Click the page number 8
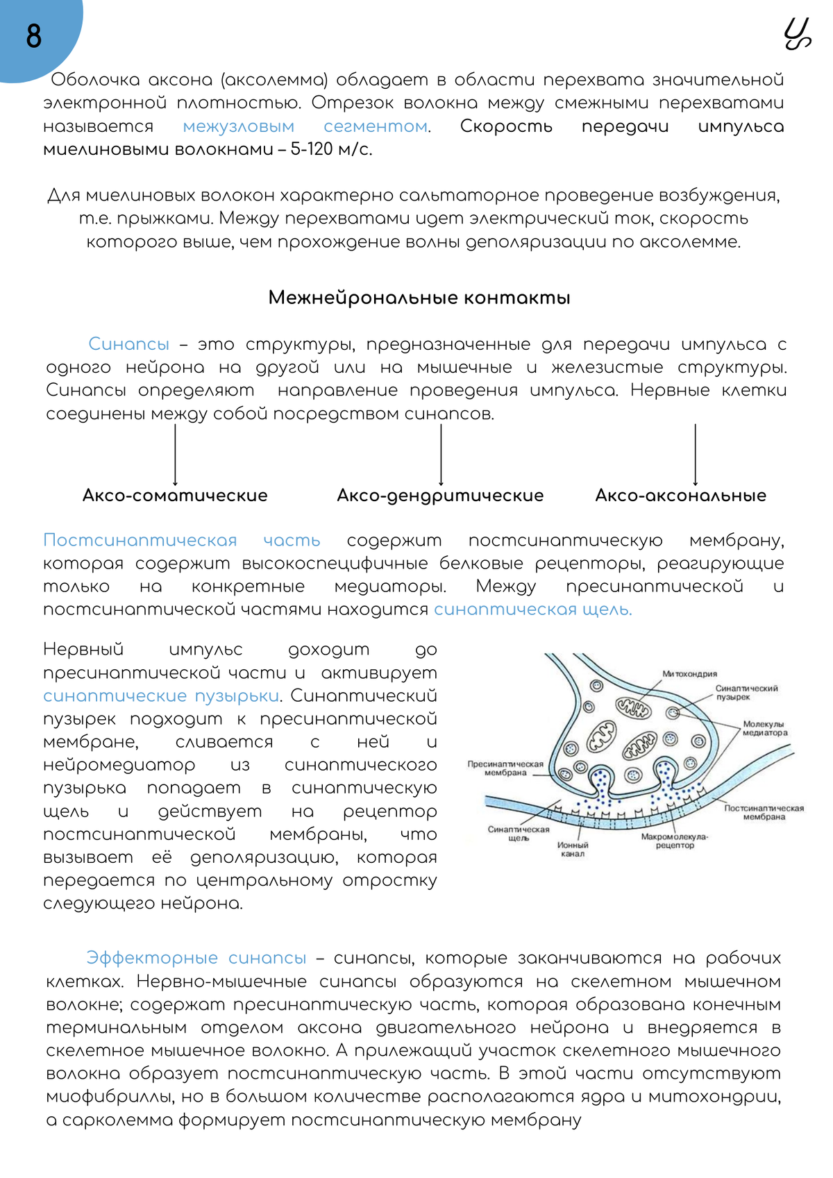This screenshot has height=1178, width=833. click(x=33, y=36)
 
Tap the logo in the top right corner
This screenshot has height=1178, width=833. click(x=797, y=35)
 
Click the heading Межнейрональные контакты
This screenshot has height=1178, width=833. click(x=419, y=298)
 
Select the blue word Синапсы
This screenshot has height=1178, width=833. click(x=129, y=344)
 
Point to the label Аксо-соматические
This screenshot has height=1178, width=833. click(x=175, y=496)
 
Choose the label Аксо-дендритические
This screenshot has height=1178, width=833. click(x=440, y=496)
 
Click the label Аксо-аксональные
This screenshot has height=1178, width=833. click(x=680, y=496)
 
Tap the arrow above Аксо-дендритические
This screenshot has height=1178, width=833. click(x=441, y=455)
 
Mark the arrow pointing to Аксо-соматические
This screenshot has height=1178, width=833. click(x=175, y=455)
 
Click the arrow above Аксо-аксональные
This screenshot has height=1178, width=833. click(x=696, y=455)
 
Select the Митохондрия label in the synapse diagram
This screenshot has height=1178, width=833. click(x=689, y=674)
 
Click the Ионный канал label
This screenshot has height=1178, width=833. click(x=573, y=849)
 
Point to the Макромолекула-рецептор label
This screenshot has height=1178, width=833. click(x=675, y=841)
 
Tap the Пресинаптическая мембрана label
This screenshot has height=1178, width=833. click(x=505, y=768)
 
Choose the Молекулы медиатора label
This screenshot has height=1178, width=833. click(x=765, y=728)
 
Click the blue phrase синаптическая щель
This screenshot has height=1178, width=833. click(x=532, y=609)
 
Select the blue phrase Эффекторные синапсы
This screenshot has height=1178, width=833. click(x=196, y=958)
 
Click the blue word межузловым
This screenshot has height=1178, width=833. click(x=239, y=126)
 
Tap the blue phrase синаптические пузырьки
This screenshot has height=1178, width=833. click(x=161, y=696)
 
